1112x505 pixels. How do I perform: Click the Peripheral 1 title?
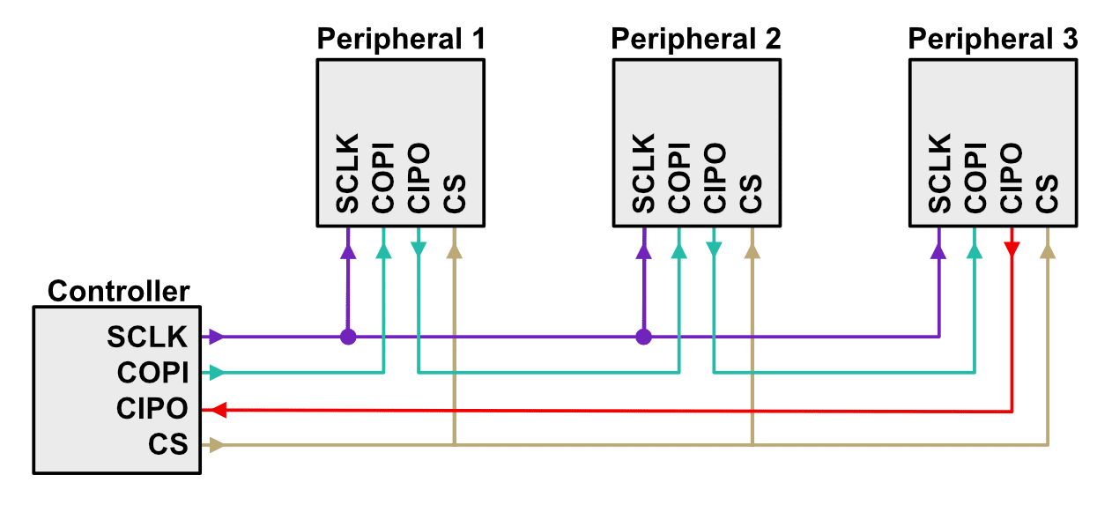click(400, 39)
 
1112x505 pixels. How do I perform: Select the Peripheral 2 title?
click(695, 39)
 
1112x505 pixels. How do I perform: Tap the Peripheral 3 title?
click(992, 39)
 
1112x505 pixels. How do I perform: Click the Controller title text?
click(118, 291)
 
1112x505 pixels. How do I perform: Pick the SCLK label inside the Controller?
click(147, 337)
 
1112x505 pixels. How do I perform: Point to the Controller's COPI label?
click(152, 373)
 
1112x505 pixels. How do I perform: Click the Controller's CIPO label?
click(152, 409)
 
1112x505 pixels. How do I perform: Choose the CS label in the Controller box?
click(168, 445)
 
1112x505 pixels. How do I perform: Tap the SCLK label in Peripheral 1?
click(348, 174)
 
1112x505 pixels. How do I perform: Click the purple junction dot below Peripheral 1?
click(348, 337)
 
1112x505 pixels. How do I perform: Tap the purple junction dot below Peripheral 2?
click(644, 337)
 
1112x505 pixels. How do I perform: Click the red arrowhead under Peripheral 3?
click(1012, 250)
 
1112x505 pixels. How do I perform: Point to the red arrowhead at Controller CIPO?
click(219, 410)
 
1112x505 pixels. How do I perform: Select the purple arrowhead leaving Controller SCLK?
click(216, 337)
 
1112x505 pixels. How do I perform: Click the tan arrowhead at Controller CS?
click(216, 445)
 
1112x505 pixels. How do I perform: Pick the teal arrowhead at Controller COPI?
click(216, 373)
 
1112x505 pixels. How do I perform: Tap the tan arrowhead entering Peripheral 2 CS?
click(752, 251)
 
